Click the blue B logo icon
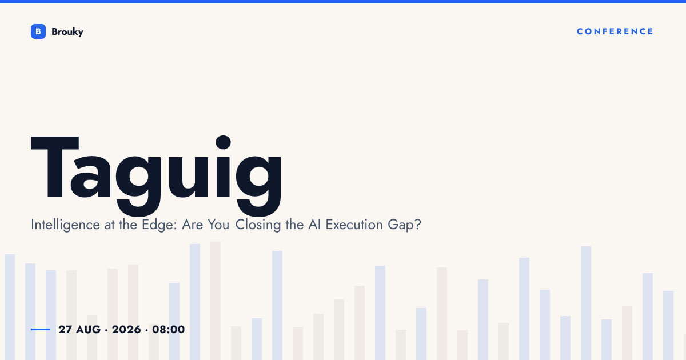[x=38, y=31]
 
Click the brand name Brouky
[x=67, y=32]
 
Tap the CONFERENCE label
[x=615, y=31]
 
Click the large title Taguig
[x=156, y=175]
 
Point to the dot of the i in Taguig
[x=224, y=142]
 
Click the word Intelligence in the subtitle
[x=65, y=225]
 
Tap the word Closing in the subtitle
[x=258, y=225]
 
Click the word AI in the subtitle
[x=314, y=225]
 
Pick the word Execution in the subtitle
[x=354, y=225]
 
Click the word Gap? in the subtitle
[x=404, y=225]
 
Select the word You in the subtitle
[x=218, y=225]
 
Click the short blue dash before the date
[x=41, y=329]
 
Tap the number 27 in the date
[x=65, y=329]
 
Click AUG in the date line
[x=88, y=329]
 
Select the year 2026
[x=126, y=329]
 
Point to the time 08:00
[x=169, y=329]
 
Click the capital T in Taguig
[x=55, y=167]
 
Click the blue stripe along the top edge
[x=343, y=2]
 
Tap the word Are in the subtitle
[x=192, y=225]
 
